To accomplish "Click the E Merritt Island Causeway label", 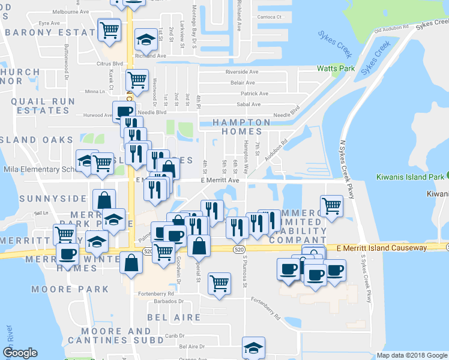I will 382,248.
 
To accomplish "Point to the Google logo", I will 20,353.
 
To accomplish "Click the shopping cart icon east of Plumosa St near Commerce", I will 331,207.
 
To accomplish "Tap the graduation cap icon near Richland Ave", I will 145,40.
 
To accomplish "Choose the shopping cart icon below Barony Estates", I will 109,29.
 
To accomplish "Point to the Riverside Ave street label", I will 241,72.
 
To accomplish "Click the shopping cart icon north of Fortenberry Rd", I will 220,283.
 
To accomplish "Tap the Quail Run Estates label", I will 43,106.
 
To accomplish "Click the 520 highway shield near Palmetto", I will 148,251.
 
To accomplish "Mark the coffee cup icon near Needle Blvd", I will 124,112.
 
